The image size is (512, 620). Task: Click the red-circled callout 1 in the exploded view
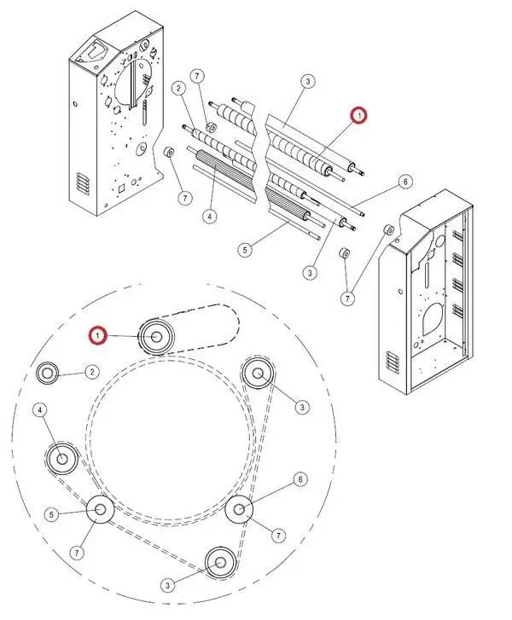[359, 114]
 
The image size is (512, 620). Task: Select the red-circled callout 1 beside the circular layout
[100, 337]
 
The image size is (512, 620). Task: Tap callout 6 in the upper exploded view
[405, 182]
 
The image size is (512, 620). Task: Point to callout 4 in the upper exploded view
[210, 217]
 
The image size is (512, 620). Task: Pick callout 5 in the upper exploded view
[245, 250]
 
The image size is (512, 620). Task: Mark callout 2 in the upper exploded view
[178, 88]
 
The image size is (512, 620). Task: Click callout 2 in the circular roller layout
[90, 372]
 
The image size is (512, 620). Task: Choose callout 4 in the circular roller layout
[39, 410]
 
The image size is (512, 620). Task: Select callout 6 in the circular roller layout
[300, 479]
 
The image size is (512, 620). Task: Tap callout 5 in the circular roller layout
[51, 514]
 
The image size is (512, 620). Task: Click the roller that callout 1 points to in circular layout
[158, 336]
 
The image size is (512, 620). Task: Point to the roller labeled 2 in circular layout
[47, 372]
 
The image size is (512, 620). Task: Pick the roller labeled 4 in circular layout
[61, 458]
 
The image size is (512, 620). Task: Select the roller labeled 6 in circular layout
[240, 510]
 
